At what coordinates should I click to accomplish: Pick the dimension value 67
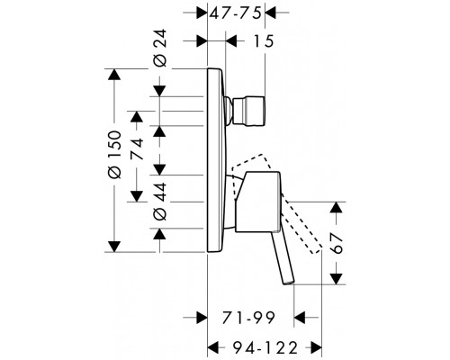point(337,245)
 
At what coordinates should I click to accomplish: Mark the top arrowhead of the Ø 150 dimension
point(113,73)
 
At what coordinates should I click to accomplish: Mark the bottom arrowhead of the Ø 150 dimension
point(113,247)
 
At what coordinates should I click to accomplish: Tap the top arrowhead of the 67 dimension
point(337,208)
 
